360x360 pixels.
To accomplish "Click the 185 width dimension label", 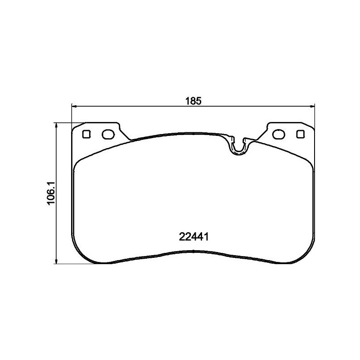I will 192,101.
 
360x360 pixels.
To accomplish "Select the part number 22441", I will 193,237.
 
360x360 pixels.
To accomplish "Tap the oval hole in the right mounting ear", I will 279,134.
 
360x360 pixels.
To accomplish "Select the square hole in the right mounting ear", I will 300,134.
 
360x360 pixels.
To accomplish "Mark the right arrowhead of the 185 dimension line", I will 312,107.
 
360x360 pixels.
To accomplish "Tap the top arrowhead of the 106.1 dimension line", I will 56,125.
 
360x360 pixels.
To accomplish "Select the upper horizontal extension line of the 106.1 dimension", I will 67,122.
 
